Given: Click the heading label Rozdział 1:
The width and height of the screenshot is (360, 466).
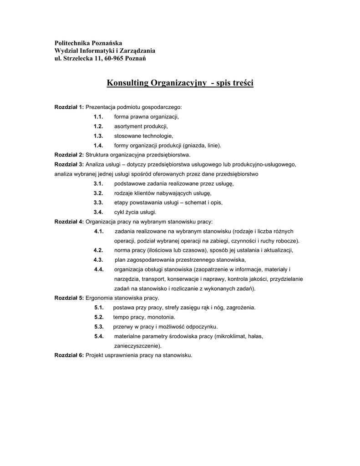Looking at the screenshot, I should [x=69, y=107].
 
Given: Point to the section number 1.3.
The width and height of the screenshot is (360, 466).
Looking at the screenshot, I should [x=98, y=136].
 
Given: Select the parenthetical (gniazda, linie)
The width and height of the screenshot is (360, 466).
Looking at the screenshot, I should [x=202, y=146].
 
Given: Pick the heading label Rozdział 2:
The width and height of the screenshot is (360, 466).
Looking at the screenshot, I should [x=69, y=155].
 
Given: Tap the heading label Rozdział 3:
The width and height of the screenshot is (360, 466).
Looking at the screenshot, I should [x=69, y=164].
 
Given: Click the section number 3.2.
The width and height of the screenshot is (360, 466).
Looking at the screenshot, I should [x=98, y=193].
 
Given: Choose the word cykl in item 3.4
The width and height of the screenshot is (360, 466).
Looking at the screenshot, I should [x=119, y=213].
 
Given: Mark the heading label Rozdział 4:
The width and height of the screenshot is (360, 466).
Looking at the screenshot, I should [x=69, y=222].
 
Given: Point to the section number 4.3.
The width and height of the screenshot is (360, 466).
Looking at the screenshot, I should [x=98, y=260].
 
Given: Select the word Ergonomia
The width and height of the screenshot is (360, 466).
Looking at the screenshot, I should [x=100, y=298].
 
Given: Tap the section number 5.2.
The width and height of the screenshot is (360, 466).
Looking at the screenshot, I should [x=99, y=317].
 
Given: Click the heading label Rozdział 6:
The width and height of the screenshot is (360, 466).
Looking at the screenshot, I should [x=69, y=355].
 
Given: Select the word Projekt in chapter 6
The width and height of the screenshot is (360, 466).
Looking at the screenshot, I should [x=95, y=355].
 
